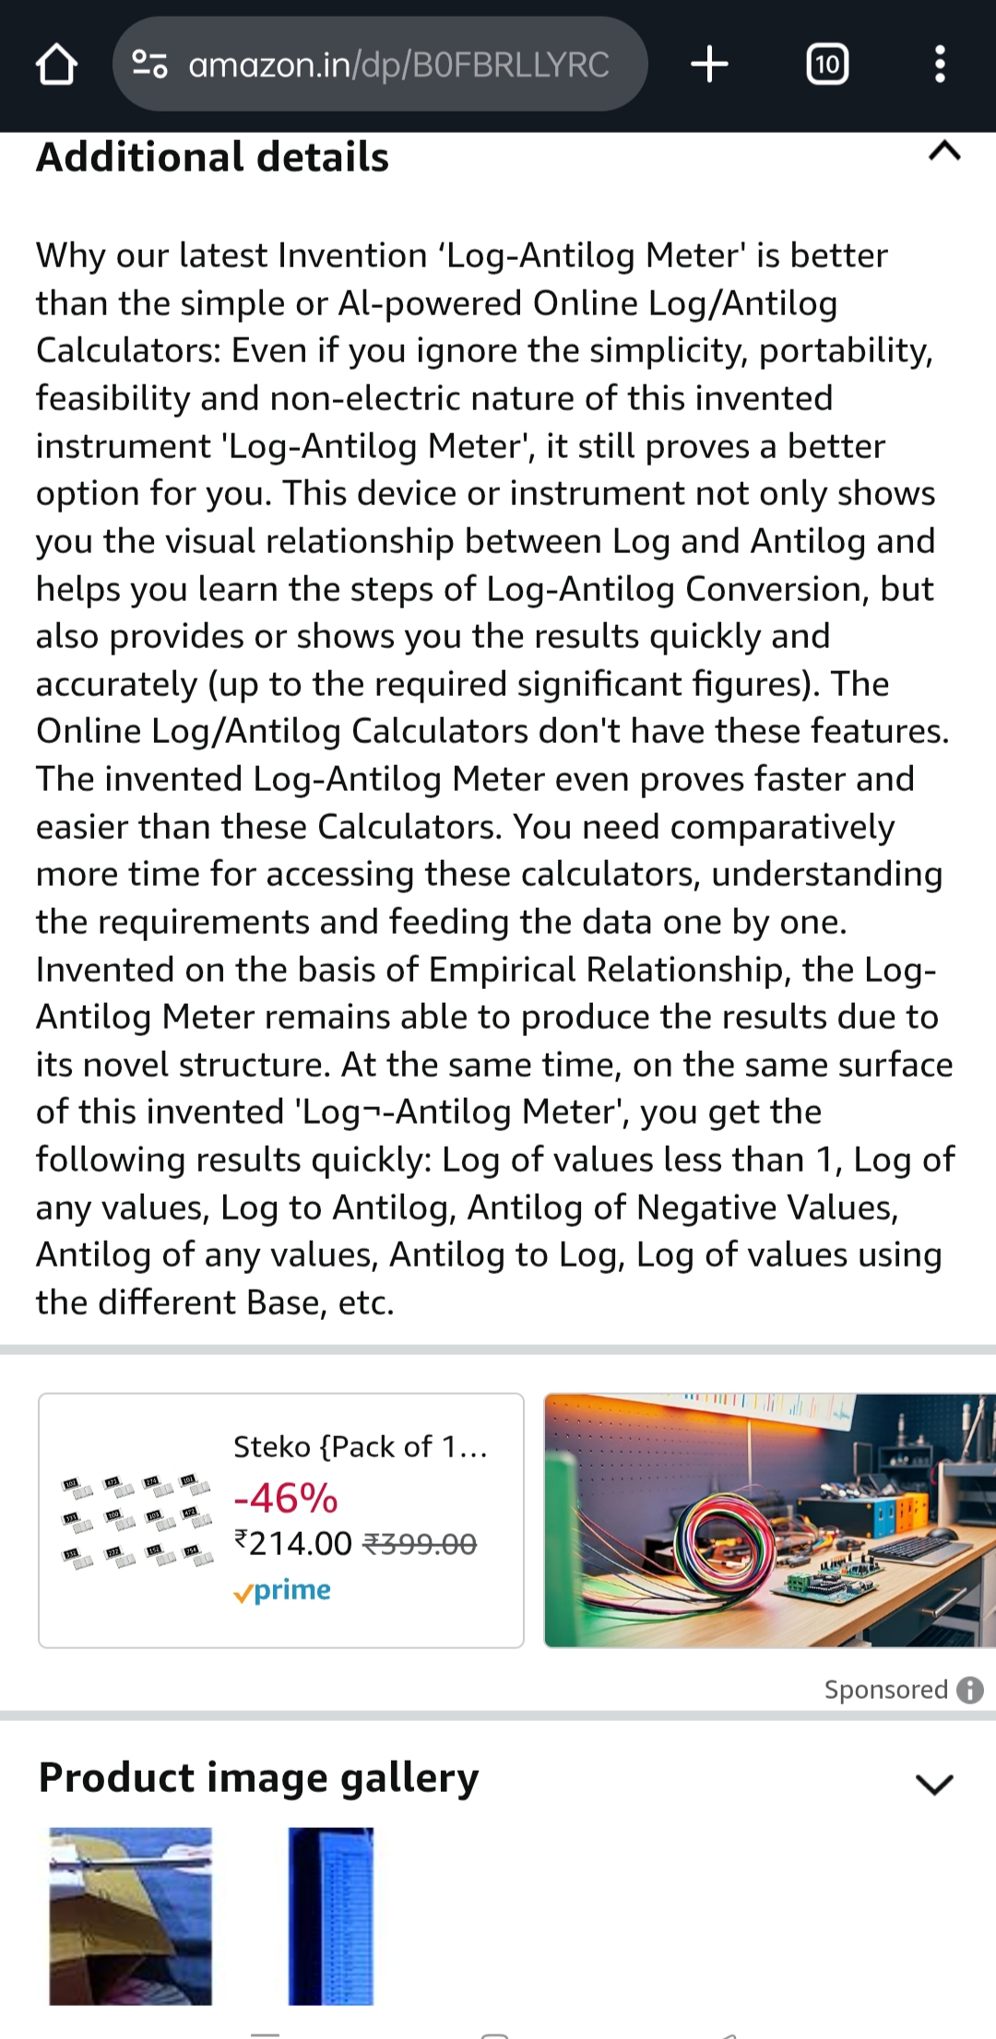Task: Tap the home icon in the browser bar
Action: [x=56, y=65]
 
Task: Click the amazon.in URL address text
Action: [x=397, y=65]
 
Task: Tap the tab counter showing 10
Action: [x=827, y=65]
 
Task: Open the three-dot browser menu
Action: [x=940, y=65]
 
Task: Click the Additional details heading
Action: [x=213, y=157]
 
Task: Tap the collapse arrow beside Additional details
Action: [x=944, y=151]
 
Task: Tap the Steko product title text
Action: [x=360, y=1447]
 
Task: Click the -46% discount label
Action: [x=286, y=1498]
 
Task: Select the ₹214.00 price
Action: [x=293, y=1544]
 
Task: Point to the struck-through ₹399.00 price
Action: [x=421, y=1544]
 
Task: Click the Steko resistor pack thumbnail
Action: [x=136, y=1521]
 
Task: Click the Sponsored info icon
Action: [x=970, y=1690]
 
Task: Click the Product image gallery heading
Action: [x=258, y=1777]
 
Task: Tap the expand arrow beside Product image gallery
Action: [x=934, y=1785]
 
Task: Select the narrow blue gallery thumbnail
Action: [x=331, y=1915]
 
